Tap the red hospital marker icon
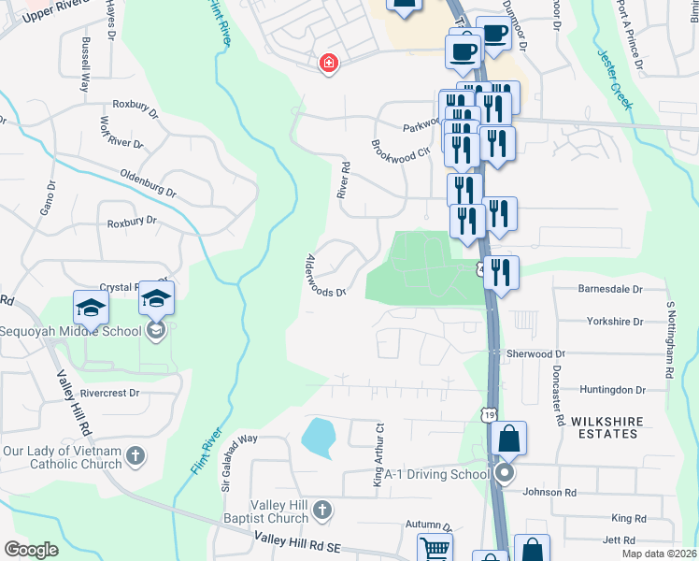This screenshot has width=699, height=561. click(328, 64)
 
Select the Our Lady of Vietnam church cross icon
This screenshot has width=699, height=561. click(136, 456)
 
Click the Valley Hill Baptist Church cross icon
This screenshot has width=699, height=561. click(322, 510)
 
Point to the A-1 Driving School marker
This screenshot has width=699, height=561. click(505, 474)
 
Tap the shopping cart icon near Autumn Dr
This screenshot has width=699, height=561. click(435, 549)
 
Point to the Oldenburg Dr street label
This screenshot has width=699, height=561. click(148, 182)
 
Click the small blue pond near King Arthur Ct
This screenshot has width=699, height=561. click(318, 437)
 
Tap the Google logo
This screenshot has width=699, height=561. click(32, 550)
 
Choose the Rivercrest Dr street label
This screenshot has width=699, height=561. click(109, 394)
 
